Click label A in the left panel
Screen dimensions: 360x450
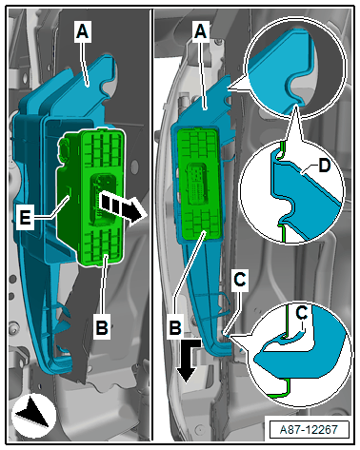point(83,31)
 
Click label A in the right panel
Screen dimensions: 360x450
point(201,31)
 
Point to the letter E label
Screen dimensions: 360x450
point(25,218)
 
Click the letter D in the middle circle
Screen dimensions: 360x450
point(325,166)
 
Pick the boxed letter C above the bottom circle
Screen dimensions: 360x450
point(240,281)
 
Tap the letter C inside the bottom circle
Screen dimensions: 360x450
point(301,313)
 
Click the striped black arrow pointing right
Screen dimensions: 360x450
point(120,206)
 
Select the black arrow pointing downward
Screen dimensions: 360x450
point(189,360)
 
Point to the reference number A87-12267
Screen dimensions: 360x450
point(309,430)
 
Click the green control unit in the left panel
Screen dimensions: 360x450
point(90,196)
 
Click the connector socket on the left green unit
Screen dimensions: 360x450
point(103,199)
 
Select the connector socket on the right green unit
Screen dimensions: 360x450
point(197,185)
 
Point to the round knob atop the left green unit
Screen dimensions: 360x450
point(65,147)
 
